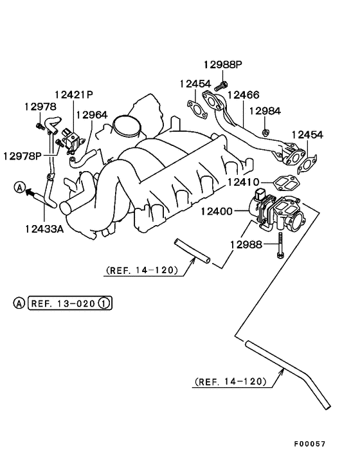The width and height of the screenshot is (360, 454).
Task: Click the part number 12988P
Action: click(x=223, y=64)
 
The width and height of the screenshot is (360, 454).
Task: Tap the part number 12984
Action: click(x=264, y=111)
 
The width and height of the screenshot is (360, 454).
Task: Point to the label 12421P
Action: click(x=73, y=95)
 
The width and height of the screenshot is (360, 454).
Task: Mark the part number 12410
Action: click(x=244, y=182)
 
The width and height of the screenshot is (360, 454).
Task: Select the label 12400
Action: click(x=217, y=211)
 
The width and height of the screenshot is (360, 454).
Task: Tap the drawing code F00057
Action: click(x=328, y=444)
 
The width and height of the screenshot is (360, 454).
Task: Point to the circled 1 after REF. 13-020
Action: click(x=105, y=302)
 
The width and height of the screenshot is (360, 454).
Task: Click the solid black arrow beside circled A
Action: click(x=31, y=190)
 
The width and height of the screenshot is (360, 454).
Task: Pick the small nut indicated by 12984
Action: click(x=265, y=131)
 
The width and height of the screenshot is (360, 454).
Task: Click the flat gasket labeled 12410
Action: click(x=283, y=183)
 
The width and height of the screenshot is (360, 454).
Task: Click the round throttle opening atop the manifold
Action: click(x=125, y=125)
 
